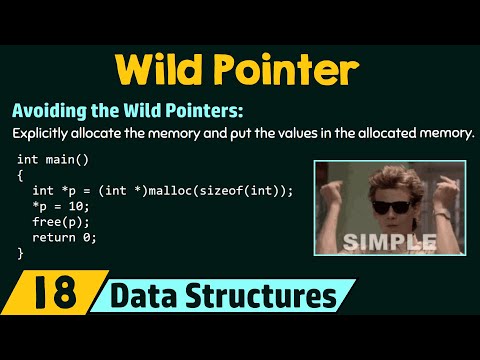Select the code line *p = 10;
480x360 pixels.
tap(59, 206)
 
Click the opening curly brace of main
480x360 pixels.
tap(21, 175)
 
